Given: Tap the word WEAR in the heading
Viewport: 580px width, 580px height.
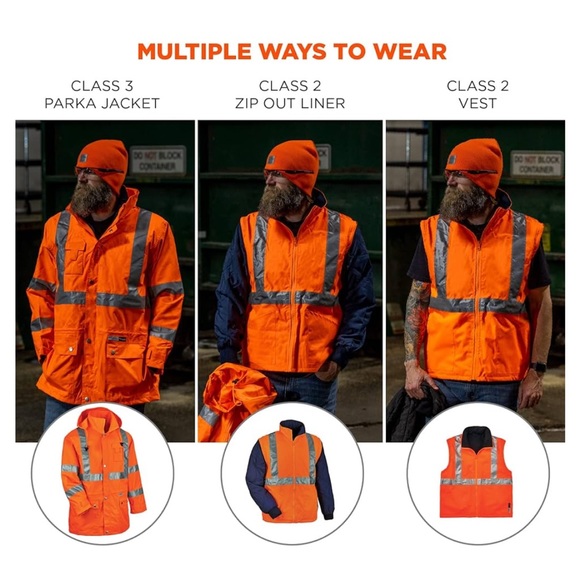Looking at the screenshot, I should click(412, 51).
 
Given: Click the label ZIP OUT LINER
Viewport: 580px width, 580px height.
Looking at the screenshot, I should click(289, 104).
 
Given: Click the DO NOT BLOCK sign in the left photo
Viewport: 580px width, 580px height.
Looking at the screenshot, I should click(157, 160).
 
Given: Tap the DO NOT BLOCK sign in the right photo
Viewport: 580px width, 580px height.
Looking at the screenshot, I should click(537, 163).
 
